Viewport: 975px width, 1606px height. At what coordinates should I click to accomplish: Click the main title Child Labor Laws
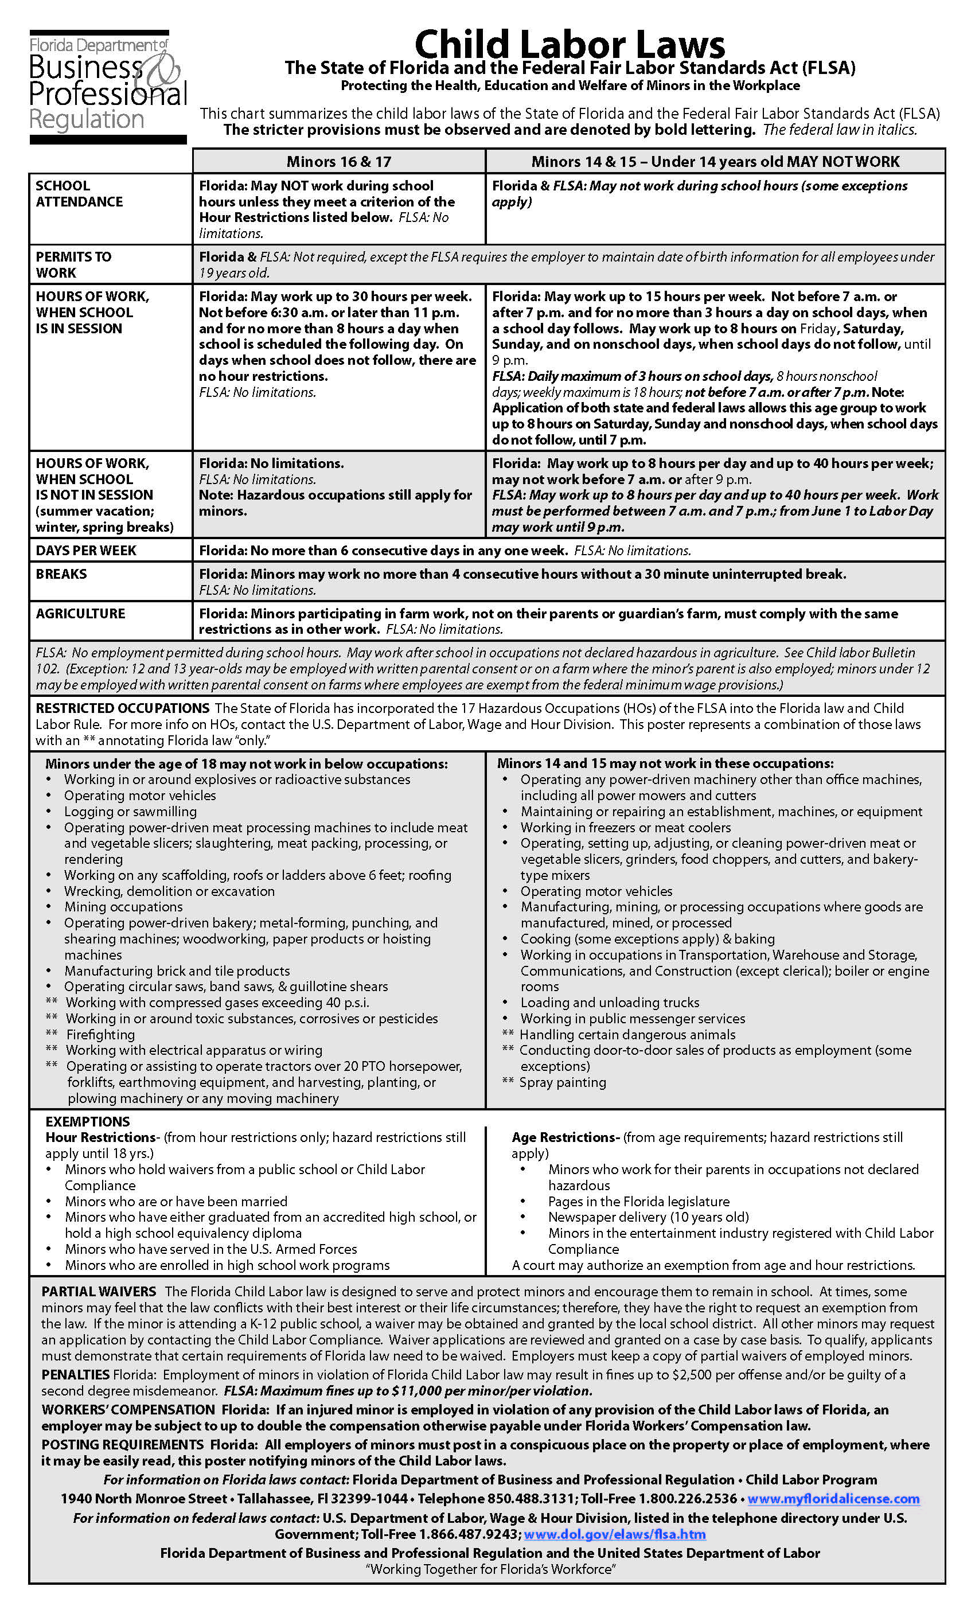pos(569,44)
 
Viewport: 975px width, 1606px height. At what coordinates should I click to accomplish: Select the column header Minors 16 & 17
pos(338,161)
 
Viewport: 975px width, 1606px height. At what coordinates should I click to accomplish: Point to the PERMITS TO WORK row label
pos(73,264)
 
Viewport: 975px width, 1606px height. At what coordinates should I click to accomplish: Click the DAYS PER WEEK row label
pos(86,550)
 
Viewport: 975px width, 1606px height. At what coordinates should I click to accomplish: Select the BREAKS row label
pos(61,574)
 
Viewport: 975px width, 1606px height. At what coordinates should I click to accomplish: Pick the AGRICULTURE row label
pos(80,613)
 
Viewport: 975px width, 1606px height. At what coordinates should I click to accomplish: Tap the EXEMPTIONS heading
pos(87,1122)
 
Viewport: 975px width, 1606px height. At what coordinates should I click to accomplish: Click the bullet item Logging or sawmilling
pos(130,812)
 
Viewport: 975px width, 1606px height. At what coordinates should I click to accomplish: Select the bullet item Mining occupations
pos(123,907)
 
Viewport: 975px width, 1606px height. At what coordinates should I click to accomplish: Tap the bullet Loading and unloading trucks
pos(609,1003)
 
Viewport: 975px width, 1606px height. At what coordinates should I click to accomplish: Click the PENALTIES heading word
pos(75,1375)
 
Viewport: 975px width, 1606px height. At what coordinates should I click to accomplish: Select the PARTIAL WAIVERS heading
pos(99,1291)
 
